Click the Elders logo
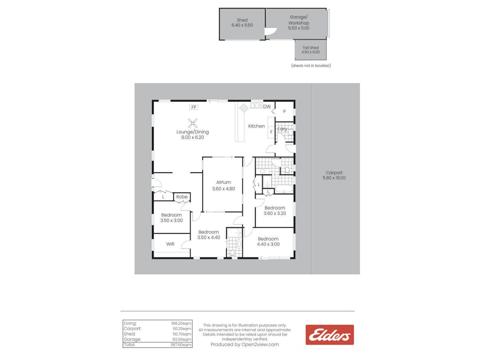tap(329, 335)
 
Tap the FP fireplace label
tap(193, 107)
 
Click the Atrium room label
tap(223, 182)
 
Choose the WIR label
tap(170, 244)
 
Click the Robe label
tap(182, 197)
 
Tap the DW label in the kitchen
tap(267, 107)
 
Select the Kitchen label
tap(256, 126)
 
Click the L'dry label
tap(282, 129)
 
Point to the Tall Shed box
tap(310, 50)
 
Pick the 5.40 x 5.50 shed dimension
tap(242, 25)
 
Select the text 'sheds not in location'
tap(311, 66)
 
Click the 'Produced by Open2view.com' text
tap(245, 345)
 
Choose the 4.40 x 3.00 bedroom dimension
tap(268, 244)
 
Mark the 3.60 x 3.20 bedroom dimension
tap(275, 213)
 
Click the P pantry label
tap(284, 111)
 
